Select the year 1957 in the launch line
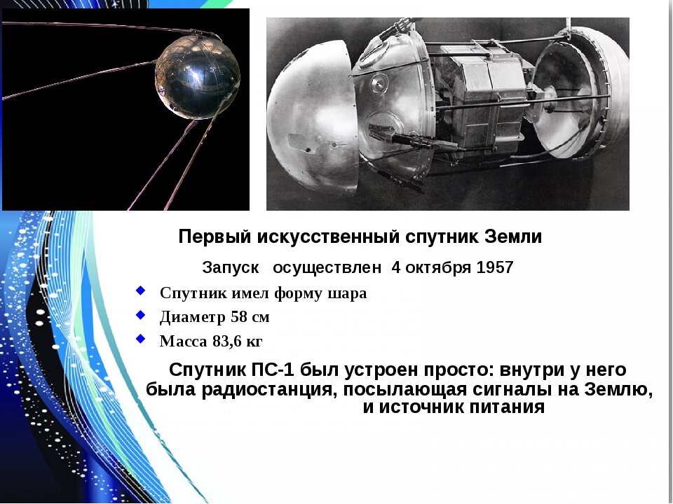[494, 267]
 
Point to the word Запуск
[229, 267]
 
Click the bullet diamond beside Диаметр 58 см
[141, 315]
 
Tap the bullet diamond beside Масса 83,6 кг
[141, 339]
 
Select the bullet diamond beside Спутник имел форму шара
[141, 290]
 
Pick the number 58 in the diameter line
[238, 317]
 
